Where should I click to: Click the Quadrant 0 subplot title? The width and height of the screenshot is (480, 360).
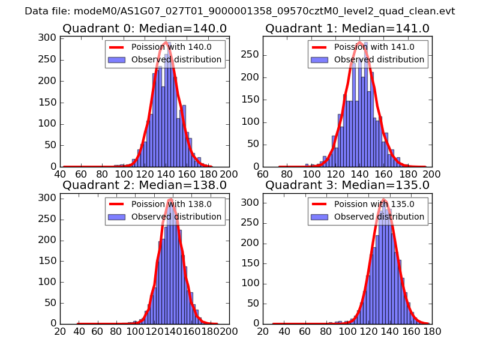(145, 28)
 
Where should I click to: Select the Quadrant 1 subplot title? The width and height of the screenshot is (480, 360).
(347, 28)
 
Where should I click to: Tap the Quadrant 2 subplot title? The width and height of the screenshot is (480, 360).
(145, 185)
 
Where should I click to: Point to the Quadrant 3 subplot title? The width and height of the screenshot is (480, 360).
(347, 185)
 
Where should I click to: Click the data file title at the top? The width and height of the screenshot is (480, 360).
(240, 11)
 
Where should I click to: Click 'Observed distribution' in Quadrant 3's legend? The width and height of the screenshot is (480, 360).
(379, 217)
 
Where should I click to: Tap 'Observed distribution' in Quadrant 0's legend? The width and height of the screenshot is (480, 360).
(176, 60)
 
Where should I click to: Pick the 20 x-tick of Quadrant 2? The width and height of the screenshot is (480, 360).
(61, 331)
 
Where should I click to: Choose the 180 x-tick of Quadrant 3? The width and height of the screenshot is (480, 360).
(432, 331)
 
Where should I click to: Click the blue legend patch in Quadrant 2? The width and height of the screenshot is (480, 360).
(117, 217)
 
